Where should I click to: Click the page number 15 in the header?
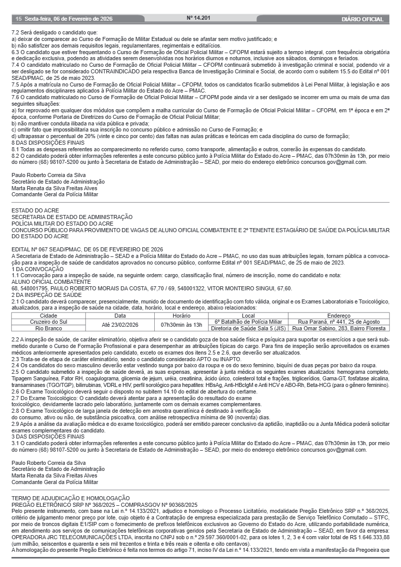pyautogui.click(x=19, y=19)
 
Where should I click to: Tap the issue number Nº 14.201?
pyautogui.click(x=198, y=18)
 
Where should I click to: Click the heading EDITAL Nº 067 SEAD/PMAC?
pyautogui.click(x=87, y=249)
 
